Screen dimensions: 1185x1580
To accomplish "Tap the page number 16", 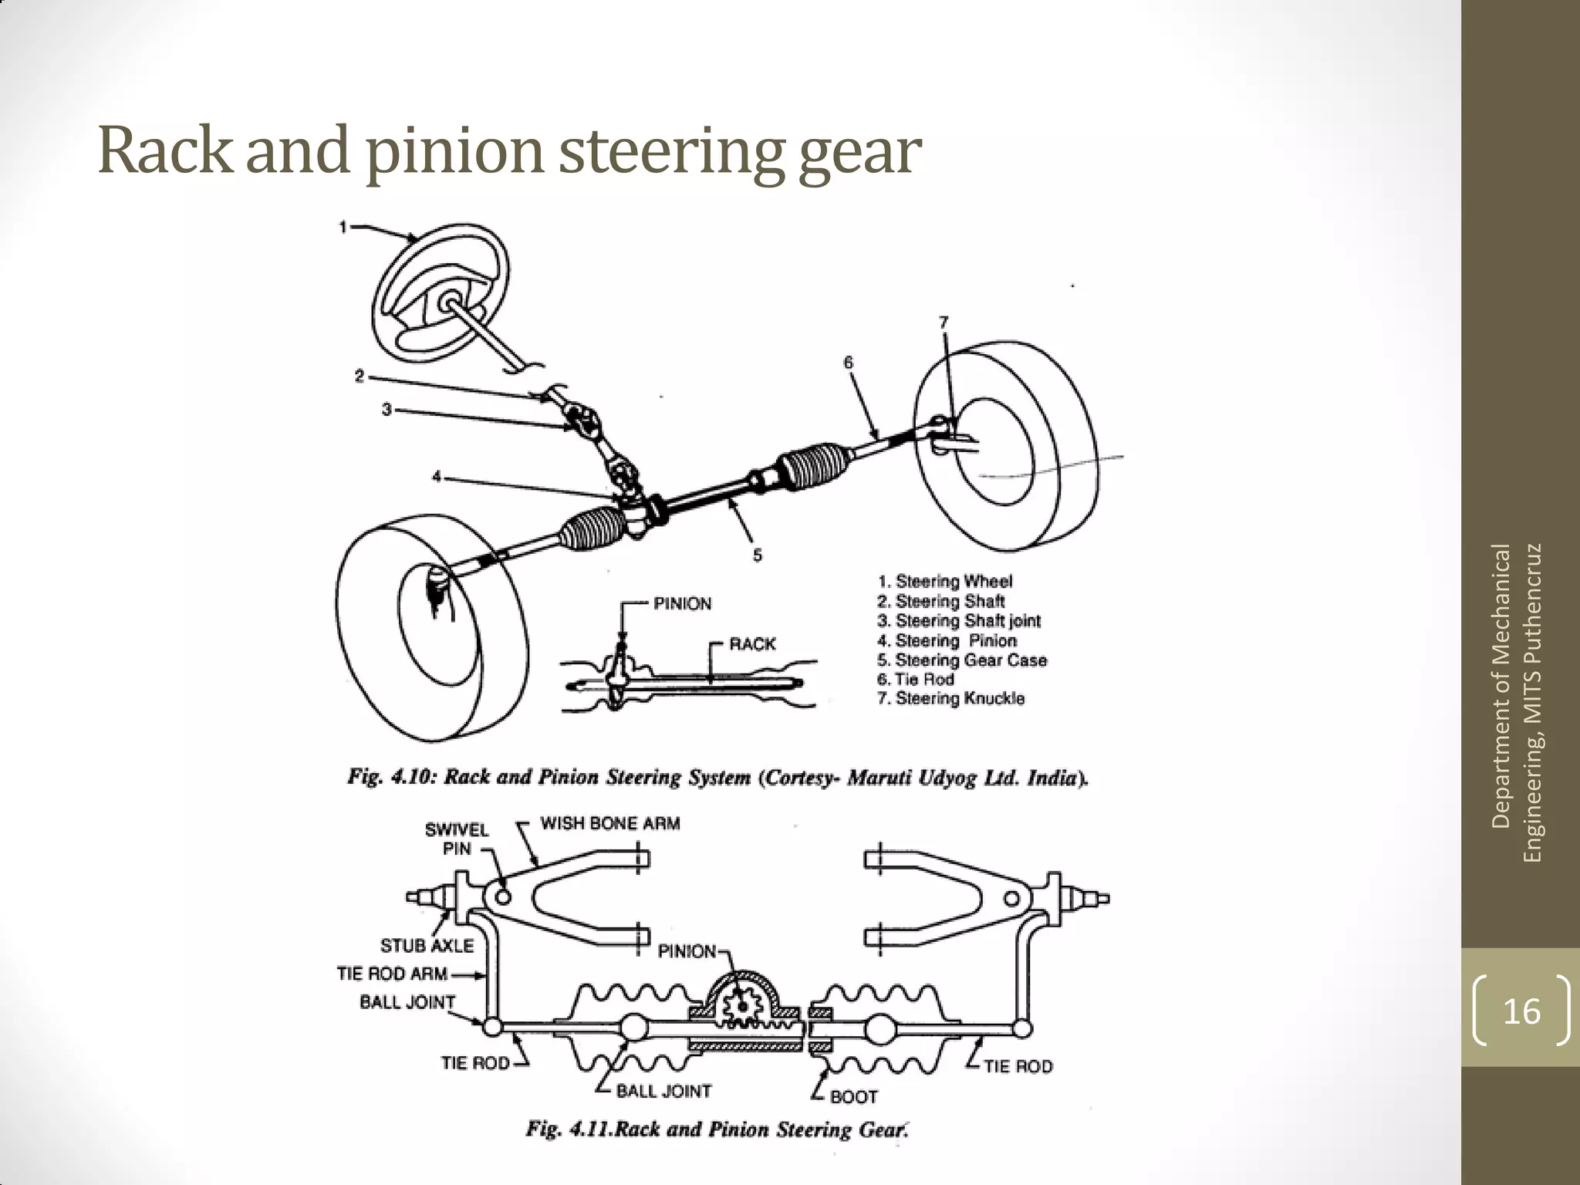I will click(1521, 1011).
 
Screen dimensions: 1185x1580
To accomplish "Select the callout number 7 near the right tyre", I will click(943, 322).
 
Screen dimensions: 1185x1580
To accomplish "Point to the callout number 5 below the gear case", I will click(758, 555).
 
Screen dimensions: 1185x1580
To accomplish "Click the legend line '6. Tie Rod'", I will click(916, 680).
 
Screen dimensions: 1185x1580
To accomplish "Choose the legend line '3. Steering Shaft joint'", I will click(959, 621).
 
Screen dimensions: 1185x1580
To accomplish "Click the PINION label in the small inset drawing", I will click(682, 604).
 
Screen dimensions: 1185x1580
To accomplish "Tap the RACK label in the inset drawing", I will click(752, 644).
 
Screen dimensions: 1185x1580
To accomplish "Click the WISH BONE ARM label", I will click(609, 824).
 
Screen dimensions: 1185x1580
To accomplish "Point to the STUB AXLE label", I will click(427, 946).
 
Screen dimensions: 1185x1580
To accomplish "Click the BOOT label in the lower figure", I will click(853, 1097).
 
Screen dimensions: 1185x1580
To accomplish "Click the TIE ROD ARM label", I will click(392, 974).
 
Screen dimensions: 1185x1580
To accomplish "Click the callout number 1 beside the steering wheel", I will click(343, 227).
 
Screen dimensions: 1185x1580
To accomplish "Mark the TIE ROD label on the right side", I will click(1018, 1067).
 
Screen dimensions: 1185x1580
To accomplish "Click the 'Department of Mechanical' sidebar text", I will click(1501, 687).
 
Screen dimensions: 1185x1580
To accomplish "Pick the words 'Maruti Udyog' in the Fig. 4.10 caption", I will click(912, 778).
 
